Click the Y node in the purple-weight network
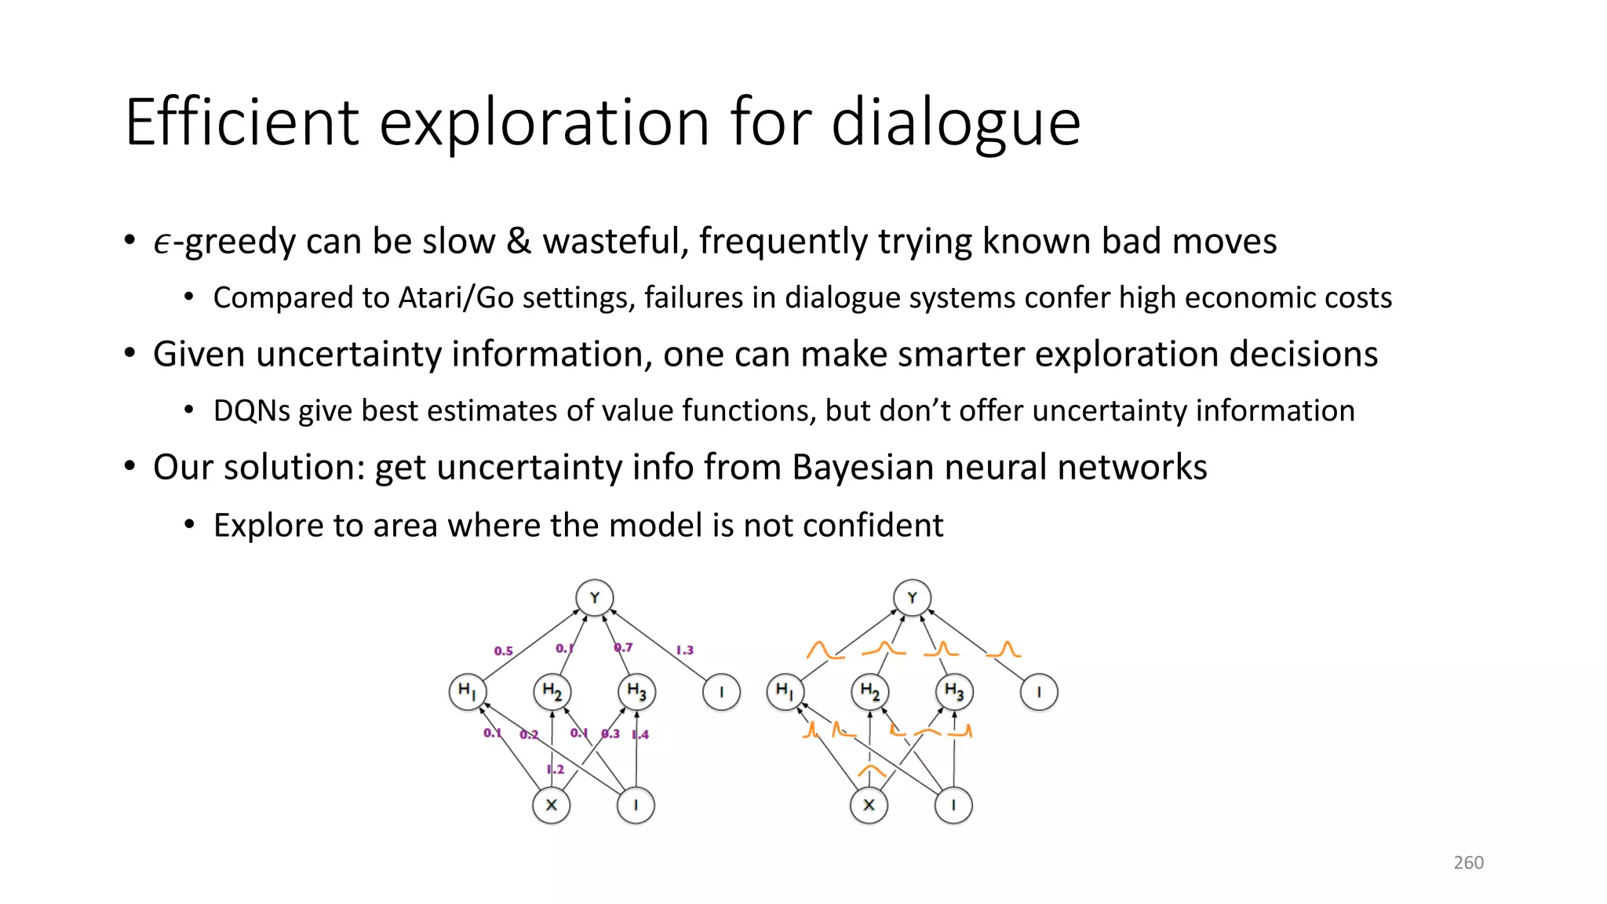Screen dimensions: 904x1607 point(594,598)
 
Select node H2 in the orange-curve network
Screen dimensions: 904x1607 point(869,692)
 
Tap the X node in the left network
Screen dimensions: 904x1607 point(552,805)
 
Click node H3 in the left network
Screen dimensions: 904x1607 point(636,692)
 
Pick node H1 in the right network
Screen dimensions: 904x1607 point(785,692)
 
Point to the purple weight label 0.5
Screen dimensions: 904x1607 point(503,651)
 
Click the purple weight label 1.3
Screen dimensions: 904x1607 point(684,650)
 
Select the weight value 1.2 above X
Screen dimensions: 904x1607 point(556,769)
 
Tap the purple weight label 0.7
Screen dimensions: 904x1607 point(623,647)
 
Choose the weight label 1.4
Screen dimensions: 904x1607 point(640,734)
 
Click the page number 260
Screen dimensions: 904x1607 point(1468,862)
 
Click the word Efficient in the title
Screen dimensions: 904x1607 point(242,122)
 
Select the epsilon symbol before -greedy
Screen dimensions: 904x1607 point(162,243)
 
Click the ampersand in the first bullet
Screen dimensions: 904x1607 point(519,242)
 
